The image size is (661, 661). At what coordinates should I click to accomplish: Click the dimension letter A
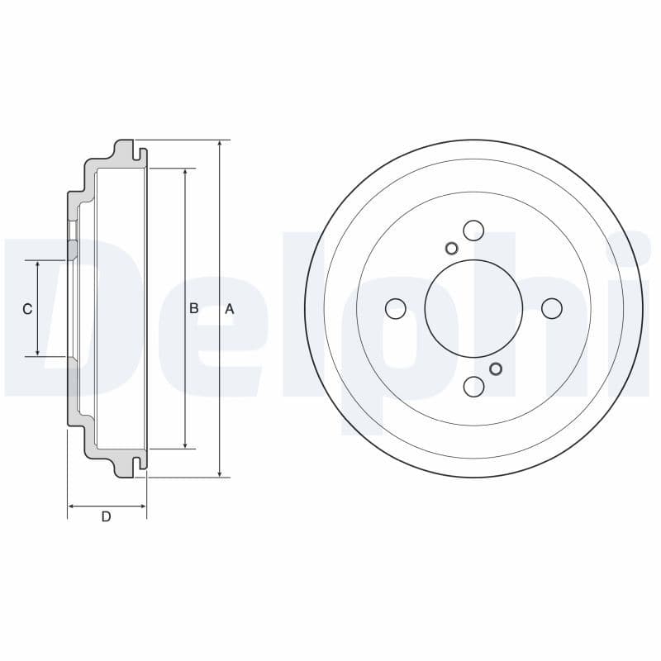[230, 309]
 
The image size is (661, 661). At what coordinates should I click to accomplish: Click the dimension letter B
[194, 308]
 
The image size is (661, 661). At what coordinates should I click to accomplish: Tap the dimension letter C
[27, 309]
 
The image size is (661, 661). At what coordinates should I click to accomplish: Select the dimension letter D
[106, 517]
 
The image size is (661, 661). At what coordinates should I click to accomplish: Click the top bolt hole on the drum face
[473, 230]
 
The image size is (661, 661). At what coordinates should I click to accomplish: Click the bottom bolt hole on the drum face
[473, 386]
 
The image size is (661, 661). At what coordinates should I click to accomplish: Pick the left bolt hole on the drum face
[396, 308]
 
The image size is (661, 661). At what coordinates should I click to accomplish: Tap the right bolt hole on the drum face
[551, 308]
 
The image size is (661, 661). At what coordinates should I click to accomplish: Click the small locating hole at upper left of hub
[451, 248]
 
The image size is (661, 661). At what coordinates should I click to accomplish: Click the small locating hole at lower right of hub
[496, 369]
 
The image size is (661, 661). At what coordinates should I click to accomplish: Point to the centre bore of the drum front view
[473, 308]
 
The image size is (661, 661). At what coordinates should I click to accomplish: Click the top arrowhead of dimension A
[220, 144]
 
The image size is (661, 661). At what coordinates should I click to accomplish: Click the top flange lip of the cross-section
[125, 149]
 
